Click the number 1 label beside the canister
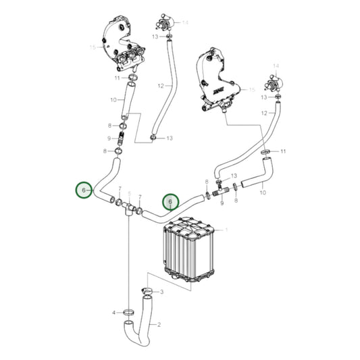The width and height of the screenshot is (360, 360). click(226, 230)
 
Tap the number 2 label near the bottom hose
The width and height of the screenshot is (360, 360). click(159, 325)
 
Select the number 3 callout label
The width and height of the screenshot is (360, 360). click(161, 292)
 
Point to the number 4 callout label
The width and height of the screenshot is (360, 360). click(114, 313)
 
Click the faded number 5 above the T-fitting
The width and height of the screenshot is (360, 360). click(130, 194)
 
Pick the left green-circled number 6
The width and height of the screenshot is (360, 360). click(84, 191)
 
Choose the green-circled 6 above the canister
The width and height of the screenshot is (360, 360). click(170, 202)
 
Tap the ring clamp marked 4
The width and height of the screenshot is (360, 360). click(128, 312)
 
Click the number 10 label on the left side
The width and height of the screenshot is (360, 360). click(113, 100)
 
